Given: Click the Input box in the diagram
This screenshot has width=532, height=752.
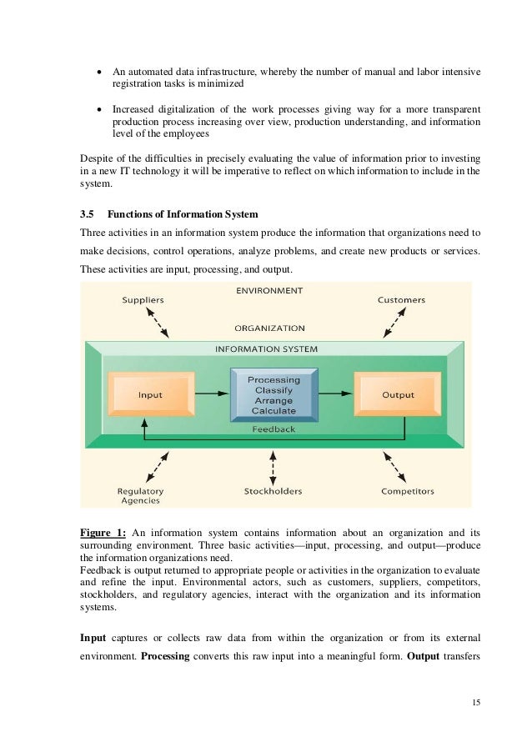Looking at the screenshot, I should (x=151, y=394).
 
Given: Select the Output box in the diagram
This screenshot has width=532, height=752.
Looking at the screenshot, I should (x=398, y=394).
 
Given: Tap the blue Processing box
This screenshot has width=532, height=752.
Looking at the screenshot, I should (x=274, y=395).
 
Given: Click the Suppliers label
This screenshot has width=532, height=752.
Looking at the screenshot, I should (x=143, y=299).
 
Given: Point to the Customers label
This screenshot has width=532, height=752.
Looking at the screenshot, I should (x=401, y=299).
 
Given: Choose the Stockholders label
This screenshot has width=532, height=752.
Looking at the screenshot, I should (x=273, y=491).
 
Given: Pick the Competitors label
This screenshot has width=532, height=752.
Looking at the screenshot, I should (x=408, y=491).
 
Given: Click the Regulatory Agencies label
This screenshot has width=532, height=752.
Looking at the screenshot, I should (x=140, y=496).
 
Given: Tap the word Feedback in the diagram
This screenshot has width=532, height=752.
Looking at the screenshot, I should (x=274, y=429).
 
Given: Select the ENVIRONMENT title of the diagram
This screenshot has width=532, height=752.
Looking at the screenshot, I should (x=269, y=291).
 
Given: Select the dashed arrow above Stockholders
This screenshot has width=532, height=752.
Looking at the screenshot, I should (x=273, y=465).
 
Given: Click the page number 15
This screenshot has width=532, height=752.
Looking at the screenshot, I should (x=476, y=702).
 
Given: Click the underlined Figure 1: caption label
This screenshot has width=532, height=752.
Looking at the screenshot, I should (x=103, y=532).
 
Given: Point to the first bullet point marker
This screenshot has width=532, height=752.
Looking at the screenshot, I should (x=99, y=73).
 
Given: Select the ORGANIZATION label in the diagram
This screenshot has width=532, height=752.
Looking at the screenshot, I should (x=269, y=328).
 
